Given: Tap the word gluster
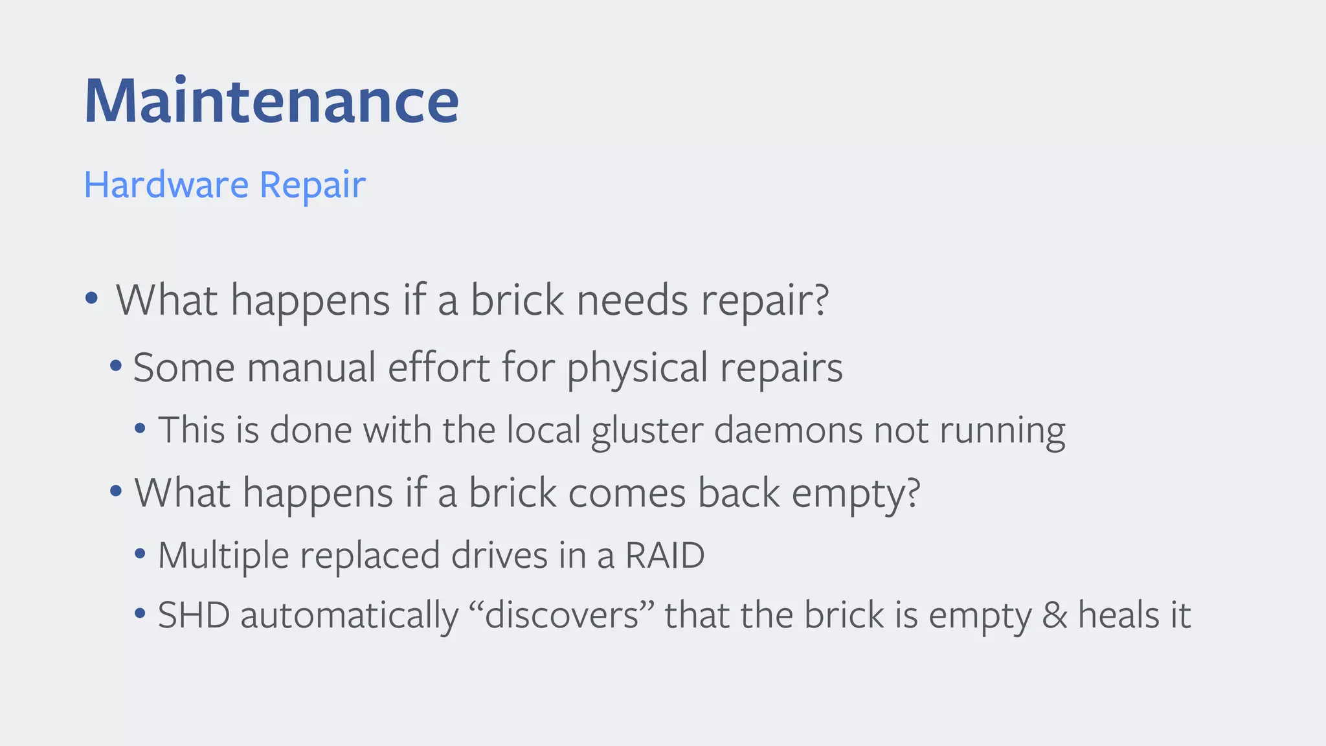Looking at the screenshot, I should [647, 431].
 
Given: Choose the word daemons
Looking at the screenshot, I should [788, 429].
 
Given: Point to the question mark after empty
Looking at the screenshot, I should [913, 492].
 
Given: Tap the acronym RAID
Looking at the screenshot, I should [664, 555].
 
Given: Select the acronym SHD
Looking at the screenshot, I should [194, 615].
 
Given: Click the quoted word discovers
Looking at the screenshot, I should [561, 615].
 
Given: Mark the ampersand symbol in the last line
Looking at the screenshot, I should [1055, 615].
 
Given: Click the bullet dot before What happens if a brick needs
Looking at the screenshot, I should [91, 299].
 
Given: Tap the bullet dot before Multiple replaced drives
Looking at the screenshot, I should [139, 554].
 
